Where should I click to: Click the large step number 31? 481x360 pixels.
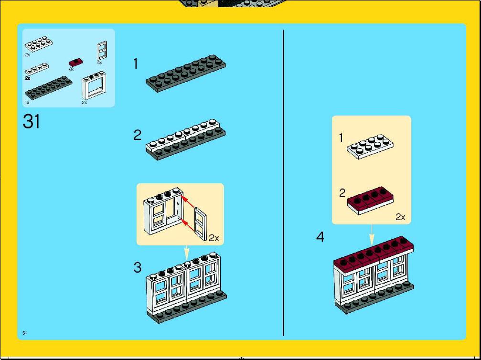(x=32, y=121)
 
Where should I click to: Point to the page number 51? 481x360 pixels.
(x=24, y=333)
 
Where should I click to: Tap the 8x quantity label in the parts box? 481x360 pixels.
(x=72, y=69)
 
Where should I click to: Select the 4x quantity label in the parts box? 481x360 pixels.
(x=99, y=62)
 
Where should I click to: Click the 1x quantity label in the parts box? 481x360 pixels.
(x=27, y=103)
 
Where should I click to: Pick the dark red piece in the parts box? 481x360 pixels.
(x=75, y=62)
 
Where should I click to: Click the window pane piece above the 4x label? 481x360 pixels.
(x=102, y=51)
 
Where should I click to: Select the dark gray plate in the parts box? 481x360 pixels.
(x=49, y=87)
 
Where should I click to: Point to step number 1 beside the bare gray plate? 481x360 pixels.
(x=135, y=64)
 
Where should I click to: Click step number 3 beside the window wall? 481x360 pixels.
(x=138, y=267)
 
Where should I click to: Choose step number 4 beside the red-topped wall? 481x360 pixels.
(x=320, y=237)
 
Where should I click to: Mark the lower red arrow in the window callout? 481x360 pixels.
(x=188, y=225)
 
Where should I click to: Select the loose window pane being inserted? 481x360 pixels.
(x=200, y=223)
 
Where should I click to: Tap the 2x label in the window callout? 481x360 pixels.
(x=214, y=238)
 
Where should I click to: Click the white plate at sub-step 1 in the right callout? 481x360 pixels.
(x=371, y=146)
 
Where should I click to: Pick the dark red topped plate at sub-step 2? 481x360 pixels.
(x=371, y=201)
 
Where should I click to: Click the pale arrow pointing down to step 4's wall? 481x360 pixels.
(x=372, y=235)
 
